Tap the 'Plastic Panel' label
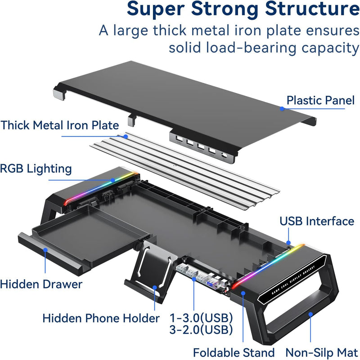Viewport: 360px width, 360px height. (x=320, y=100)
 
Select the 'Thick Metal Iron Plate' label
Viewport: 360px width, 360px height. (x=60, y=125)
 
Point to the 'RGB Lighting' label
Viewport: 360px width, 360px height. (x=36, y=169)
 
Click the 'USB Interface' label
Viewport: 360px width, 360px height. (x=317, y=221)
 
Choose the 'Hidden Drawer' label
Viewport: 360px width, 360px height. (x=41, y=284)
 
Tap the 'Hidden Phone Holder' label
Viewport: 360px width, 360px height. (x=101, y=318)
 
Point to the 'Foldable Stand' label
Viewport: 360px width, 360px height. (x=234, y=353)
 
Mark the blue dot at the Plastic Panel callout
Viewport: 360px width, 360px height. (x=282, y=108)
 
